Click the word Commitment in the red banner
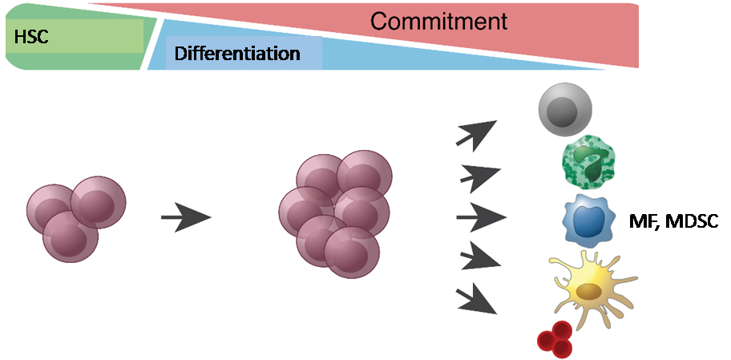438,21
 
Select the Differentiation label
237,55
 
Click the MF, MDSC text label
673,219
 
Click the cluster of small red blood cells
555,338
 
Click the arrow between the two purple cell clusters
185,217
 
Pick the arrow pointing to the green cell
481,174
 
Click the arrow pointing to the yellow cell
481,259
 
